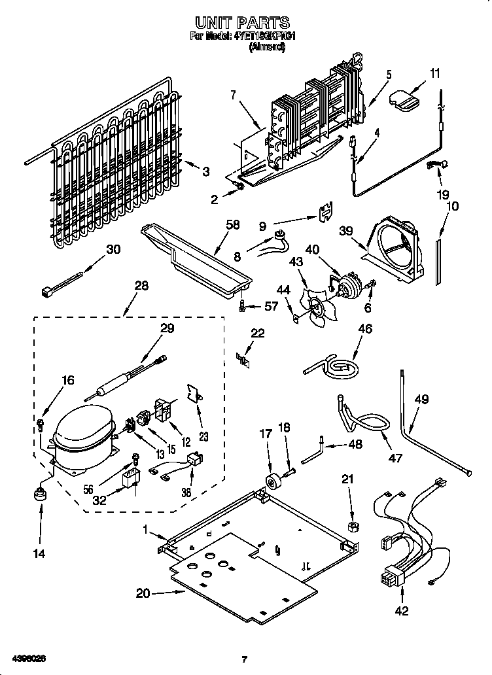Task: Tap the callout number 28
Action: (x=141, y=286)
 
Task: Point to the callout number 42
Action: (x=401, y=611)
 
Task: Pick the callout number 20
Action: (x=143, y=593)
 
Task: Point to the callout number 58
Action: (x=232, y=224)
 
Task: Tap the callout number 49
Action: (x=421, y=398)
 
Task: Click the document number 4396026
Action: (x=27, y=656)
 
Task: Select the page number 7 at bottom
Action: (x=244, y=659)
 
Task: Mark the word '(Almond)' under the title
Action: (x=267, y=47)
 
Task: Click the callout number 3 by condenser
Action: (x=206, y=171)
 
